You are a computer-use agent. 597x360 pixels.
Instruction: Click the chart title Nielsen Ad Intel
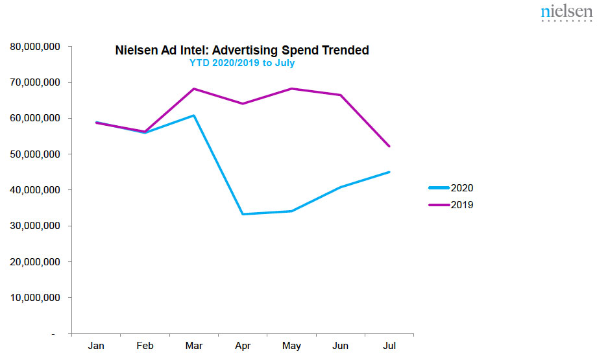[241, 50]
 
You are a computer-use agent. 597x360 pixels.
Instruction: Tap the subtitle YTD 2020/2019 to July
[241, 64]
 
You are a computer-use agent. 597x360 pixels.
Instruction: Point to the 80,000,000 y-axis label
[35, 47]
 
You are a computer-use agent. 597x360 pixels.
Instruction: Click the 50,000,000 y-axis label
[35, 154]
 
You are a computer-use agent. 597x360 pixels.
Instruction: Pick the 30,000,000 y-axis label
[35, 226]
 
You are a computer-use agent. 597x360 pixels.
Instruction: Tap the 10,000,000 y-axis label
[35, 298]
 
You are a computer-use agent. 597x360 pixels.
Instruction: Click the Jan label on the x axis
[96, 346]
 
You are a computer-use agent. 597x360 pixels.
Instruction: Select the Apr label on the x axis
[243, 346]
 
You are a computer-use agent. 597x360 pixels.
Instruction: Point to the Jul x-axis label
[389, 346]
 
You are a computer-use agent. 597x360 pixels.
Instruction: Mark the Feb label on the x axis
[145, 346]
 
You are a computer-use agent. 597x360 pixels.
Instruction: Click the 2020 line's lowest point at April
[243, 214]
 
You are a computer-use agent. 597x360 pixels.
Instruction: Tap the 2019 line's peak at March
[194, 89]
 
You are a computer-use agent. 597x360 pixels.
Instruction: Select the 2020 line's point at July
[389, 172]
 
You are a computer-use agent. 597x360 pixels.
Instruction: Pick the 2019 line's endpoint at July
[389, 147]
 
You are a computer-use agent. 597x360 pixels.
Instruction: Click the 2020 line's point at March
[194, 115]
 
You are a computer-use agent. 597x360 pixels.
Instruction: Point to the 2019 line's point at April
[243, 104]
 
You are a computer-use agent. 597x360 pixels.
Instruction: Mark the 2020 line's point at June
[341, 187]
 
